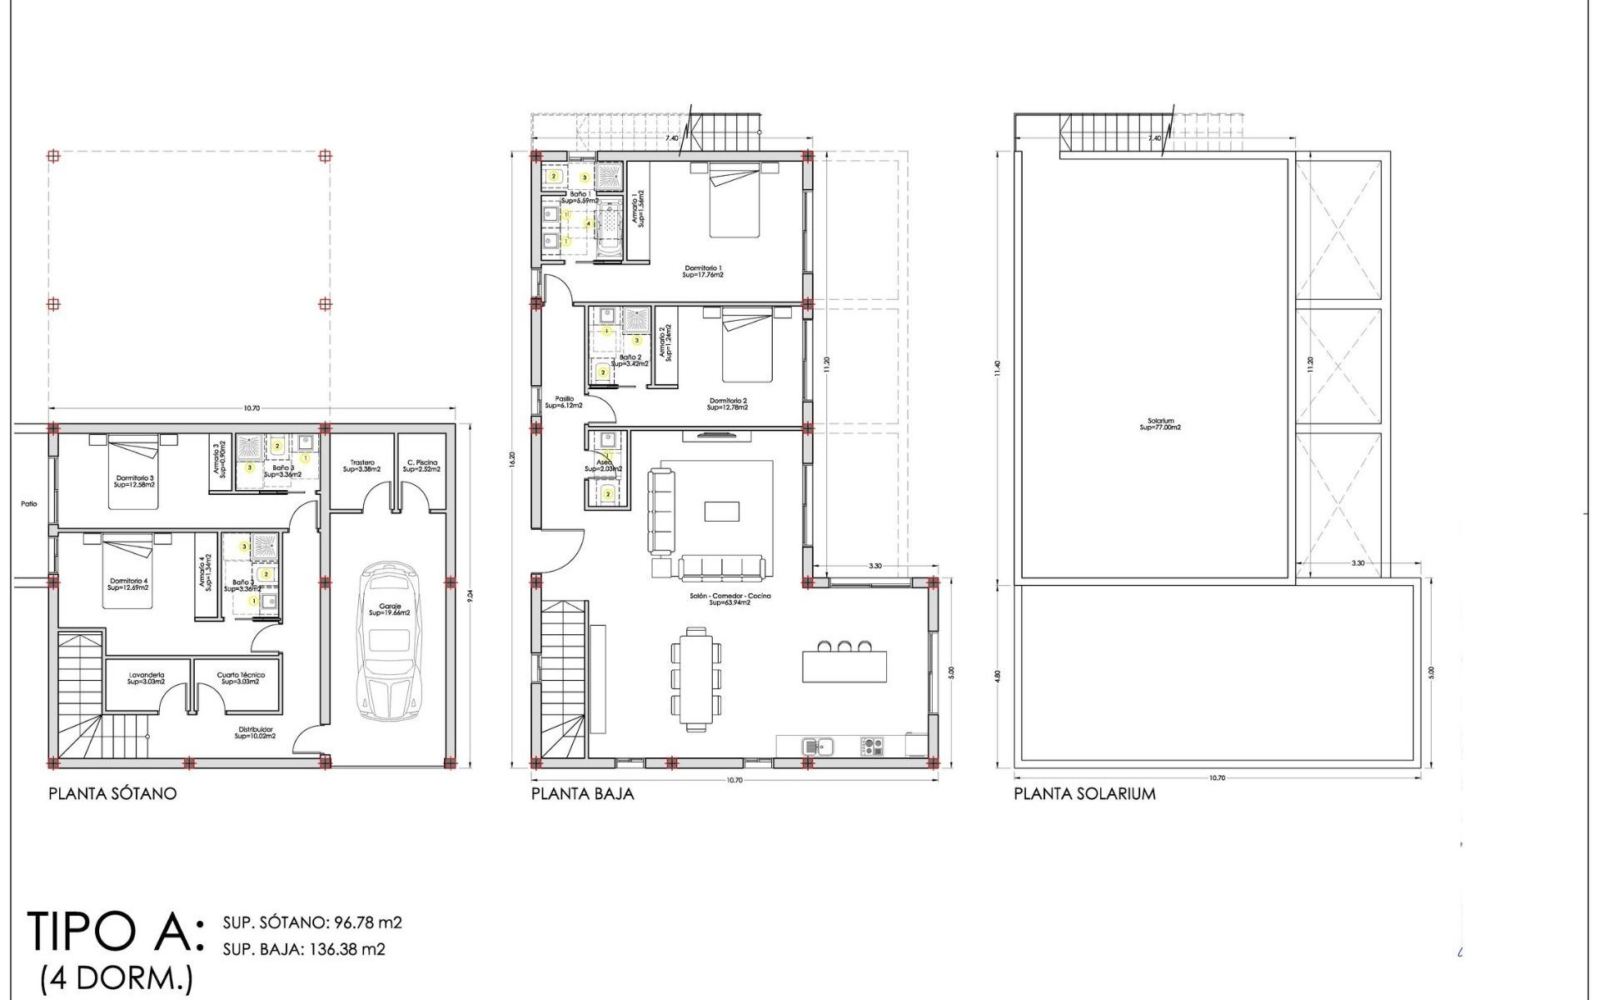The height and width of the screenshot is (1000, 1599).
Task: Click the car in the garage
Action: [391, 642]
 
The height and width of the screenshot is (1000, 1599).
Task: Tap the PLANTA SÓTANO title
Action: [112, 793]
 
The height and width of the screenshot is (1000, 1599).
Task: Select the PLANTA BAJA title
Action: [582, 793]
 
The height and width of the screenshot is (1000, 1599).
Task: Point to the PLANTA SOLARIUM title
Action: [1084, 793]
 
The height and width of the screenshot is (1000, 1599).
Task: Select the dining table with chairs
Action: [696, 677]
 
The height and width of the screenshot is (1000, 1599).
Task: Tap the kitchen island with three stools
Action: [844, 665]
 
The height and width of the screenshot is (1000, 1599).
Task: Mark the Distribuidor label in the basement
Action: [254, 732]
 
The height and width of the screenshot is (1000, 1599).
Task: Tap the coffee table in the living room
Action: [721, 511]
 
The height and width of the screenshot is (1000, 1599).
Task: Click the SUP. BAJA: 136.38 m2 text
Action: [304, 949]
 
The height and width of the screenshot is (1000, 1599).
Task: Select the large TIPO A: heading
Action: [115, 932]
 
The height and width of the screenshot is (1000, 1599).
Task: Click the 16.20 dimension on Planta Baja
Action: [513, 460]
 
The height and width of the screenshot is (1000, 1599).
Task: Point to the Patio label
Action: [30, 504]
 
